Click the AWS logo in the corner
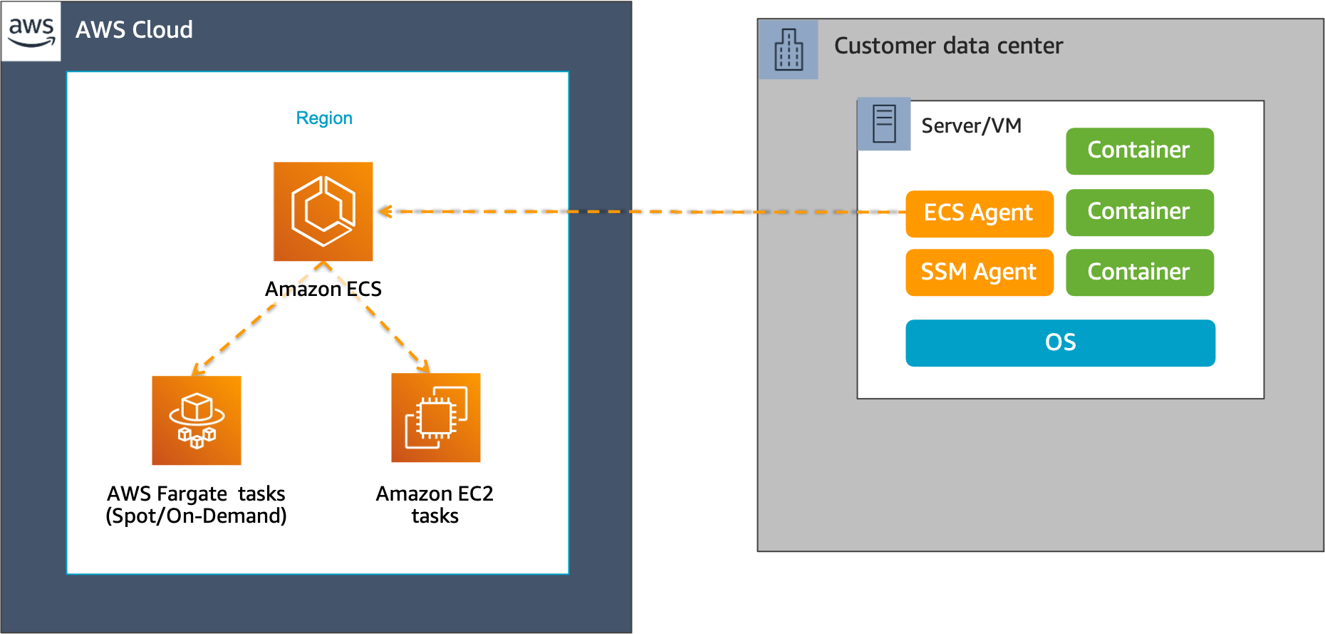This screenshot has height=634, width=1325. [x=31, y=31]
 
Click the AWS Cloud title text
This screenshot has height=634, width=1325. [x=134, y=30]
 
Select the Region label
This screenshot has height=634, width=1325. [x=324, y=118]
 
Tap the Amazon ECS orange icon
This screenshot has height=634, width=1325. [x=323, y=211]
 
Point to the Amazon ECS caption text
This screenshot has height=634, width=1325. [x=323, y=289]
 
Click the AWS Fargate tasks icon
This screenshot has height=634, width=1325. [x=197, y=420]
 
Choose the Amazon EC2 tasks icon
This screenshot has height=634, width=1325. [x=436, y=418]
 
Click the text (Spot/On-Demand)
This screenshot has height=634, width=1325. [x=196, y=516]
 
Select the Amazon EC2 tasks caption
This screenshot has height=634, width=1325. [x=435, y=504]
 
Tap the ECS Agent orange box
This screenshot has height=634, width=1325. [x=979, y=213]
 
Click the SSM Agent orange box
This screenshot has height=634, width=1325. [x=979, y=272]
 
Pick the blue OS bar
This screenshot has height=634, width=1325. [x=1060, y=343]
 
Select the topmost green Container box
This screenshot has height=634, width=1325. [x=1139, y=150]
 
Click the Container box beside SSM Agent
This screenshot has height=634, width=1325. [x=1139, y=272]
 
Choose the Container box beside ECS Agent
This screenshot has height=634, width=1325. [x=1139, y=212]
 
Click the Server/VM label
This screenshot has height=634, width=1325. [x=971, y=126]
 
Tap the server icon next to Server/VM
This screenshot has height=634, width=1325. [x=884, y=124]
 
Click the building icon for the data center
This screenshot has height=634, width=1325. [x=789, y=49]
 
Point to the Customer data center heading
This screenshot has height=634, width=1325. [x=948, y=46]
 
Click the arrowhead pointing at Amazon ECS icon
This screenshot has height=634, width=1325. [x=385, y=211]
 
